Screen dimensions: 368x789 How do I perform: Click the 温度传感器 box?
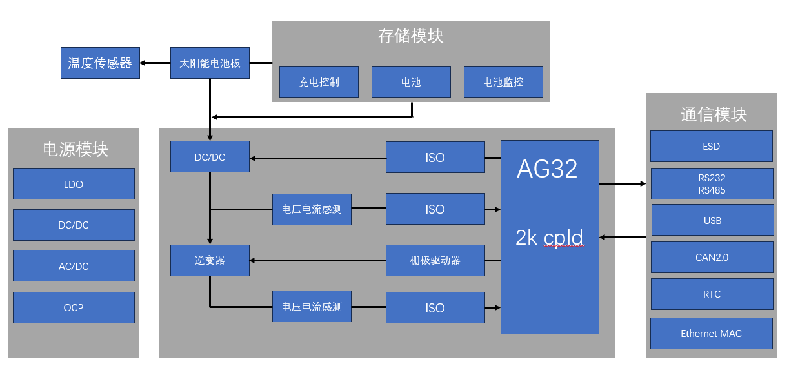[100, 63]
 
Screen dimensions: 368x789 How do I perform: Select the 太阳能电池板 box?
[210, 63]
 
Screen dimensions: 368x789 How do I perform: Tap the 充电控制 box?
[319, 82]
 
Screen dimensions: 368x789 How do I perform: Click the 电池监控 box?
[503, 82]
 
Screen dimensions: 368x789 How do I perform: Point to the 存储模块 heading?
[410, 36]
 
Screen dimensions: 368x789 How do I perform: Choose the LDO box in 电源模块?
[74, 184]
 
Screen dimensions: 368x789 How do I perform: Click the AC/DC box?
[74, 266]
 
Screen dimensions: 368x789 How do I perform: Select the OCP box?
[74, 307]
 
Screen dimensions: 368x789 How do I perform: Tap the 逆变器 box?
[210, 260]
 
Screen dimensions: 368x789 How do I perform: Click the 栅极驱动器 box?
[435, 260]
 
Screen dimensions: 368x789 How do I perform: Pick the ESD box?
[711, 146]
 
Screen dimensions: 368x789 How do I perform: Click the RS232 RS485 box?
[712, 184]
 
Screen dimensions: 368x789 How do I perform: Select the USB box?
[712, 220]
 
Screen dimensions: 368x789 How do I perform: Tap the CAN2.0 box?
[712, 257]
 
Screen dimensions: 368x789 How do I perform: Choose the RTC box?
[712, 294]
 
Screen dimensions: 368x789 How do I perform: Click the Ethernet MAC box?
[711, 333]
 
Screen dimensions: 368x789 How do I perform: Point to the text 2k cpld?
[549, 238]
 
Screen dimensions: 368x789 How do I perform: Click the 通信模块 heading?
[714, 115]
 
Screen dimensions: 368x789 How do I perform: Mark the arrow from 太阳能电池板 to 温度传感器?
[155, 63]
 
